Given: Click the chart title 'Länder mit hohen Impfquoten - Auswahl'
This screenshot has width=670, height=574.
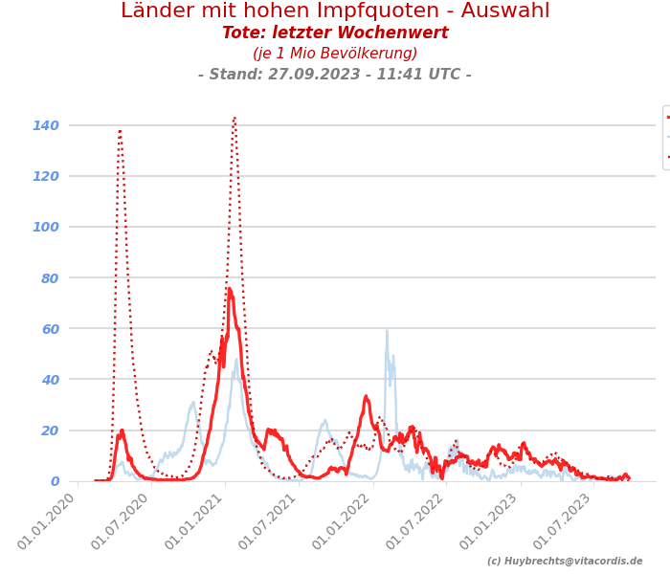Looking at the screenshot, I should click(x=335, y=11).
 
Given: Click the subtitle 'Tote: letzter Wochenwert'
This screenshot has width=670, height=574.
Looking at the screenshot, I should click(x=335, y=33).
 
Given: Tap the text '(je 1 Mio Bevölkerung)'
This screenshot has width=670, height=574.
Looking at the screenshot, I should click(x=335, y=54).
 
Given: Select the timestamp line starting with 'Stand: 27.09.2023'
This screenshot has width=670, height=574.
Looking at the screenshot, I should click(x=335, y=75).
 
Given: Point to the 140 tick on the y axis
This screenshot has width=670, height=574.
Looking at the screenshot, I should click(x=46, y=125).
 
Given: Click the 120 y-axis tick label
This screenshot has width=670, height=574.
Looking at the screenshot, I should click(x=46, y=176).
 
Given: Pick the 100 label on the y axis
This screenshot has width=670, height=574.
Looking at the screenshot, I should click(x=46, y=227).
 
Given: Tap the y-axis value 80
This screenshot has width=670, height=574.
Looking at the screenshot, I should click(x=49, y=278).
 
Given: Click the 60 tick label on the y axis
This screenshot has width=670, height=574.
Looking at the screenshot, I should click(x=49, y=329).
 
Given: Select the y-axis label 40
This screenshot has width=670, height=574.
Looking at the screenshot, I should click(x=49, y=380).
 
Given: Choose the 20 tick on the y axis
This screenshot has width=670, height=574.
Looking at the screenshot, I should click(x=49, y=430).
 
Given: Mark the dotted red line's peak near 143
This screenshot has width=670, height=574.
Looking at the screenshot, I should click(x=234, y=119).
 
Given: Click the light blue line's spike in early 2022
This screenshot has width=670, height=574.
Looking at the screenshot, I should click(x=387, y=331).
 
